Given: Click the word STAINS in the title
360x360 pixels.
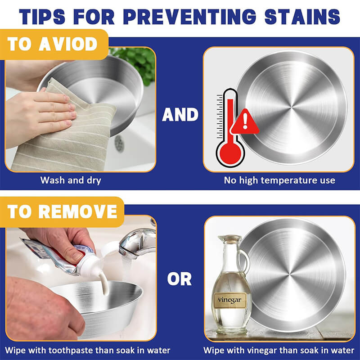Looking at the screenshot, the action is click(302, 17).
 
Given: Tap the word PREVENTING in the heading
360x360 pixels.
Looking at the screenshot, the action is click(189, 17).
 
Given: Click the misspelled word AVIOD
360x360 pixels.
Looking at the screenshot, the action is click(68, 44).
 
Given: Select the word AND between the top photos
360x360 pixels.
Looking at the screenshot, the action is click(180, 115).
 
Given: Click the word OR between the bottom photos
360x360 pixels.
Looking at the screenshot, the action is click(180, 279).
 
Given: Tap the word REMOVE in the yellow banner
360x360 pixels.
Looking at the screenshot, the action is click(78, 211).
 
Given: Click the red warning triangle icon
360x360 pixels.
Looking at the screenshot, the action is click(245, 121).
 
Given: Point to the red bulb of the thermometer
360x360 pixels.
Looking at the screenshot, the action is click(230, 153).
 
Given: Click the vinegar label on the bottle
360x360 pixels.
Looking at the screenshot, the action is click(229, 300).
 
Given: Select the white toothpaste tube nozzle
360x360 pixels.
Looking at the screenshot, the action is click(91, 266).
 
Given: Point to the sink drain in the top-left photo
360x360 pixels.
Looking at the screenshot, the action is click(119, 144).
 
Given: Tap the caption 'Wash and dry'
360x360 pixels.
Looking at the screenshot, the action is click(71, 180).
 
